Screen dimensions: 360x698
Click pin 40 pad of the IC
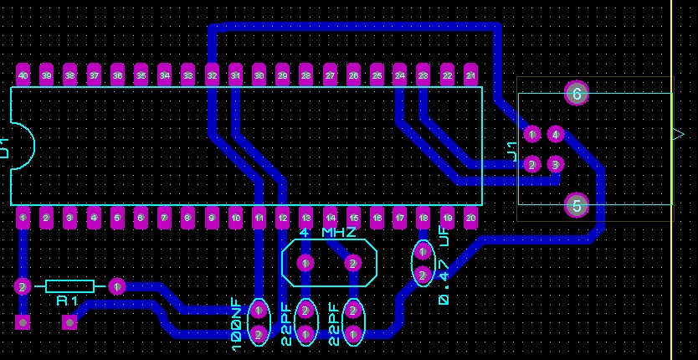pos(23,75)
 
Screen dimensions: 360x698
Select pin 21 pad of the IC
pos(471,75)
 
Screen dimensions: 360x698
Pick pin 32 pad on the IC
pos(212,75)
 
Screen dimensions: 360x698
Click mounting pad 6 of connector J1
pos(576,94)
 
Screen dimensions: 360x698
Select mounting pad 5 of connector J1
pos(576,204)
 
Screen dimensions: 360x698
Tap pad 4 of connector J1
pos(555,134)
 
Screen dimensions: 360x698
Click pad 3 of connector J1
pos(555,164)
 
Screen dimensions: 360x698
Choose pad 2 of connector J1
pos(531,164)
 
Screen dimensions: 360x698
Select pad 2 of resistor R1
pos(23,286)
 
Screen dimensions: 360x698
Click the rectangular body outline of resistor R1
pos(69,286)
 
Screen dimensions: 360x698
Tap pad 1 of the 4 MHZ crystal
pos(306,264)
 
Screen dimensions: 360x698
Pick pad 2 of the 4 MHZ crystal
pos(353,264)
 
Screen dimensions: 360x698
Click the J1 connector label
pos(511,151)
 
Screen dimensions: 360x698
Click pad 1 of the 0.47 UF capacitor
pos(423,251)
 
